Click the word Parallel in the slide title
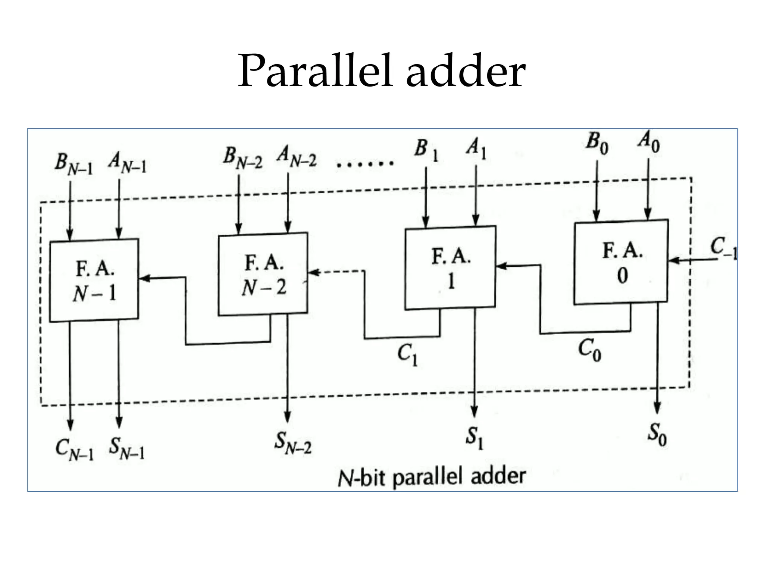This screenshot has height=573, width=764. pyautogui.click(x=316, y=71)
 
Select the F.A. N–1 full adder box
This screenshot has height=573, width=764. pyautogui.click(x=94, y=280)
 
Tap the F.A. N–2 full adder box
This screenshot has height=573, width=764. pyautogui.click(x=263, y=274)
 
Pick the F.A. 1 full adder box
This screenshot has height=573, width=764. pyautogui.click(x=451, y=267)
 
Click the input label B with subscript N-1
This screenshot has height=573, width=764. pyautogui.click(x=73, y=164)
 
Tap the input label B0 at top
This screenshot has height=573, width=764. pyautogui.click(x=597, y=144)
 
